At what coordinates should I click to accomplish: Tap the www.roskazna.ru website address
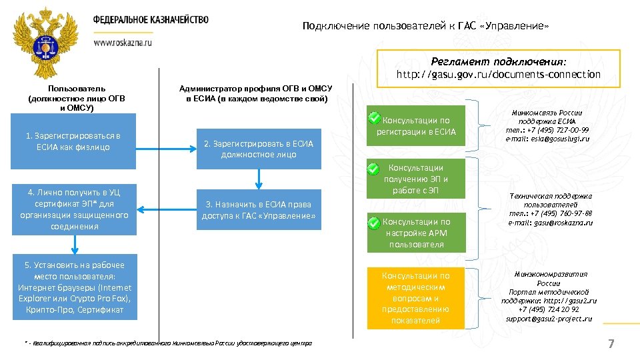tap(123, 42)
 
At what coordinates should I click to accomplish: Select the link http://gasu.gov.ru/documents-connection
tap(499, 75)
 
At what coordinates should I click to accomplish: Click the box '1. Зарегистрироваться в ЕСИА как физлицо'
tap(73, 141)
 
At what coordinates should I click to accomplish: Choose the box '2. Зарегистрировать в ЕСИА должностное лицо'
tap(258, 149)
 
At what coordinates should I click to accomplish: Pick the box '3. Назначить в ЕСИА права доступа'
tap(258, 211)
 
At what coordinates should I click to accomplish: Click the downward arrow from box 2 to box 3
tap(258, 179)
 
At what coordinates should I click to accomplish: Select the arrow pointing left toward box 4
tap(166, 211)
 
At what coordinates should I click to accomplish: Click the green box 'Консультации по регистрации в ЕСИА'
tap(416, 126)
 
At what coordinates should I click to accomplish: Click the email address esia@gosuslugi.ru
tap(548, 139)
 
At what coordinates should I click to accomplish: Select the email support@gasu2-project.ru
tap(549, 319)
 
